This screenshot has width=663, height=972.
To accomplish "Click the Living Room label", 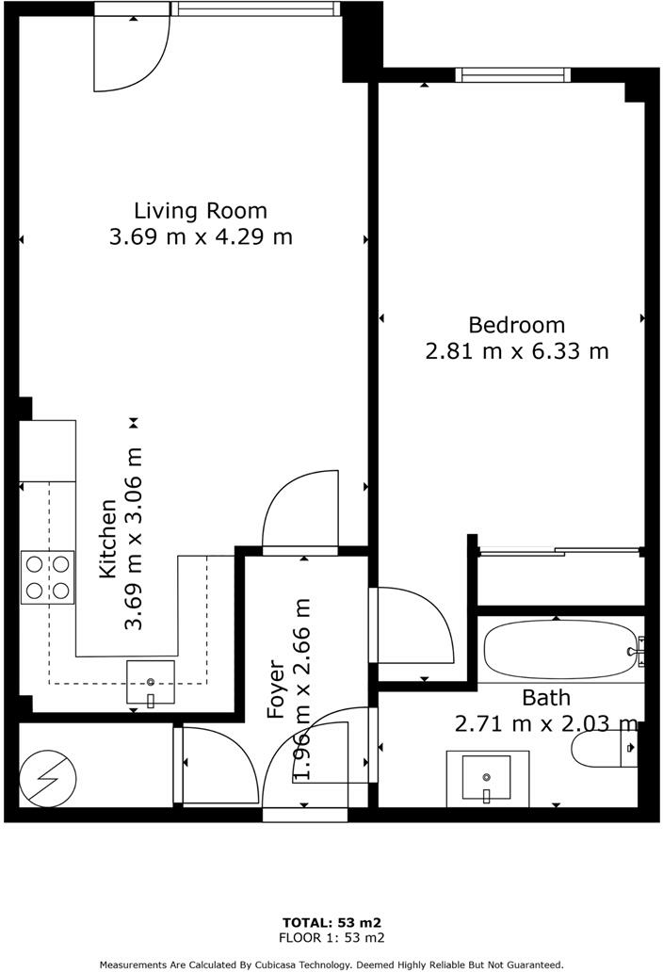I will (200, 210).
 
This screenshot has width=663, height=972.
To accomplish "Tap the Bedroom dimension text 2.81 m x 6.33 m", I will (517, 351).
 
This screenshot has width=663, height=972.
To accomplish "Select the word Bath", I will (545, 698).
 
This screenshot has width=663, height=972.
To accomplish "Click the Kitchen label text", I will (108, 539).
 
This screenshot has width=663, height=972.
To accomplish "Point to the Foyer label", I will (276, 689).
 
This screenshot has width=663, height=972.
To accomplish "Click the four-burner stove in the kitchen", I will (47, 577).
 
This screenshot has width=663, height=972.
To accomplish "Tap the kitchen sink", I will (151, 682).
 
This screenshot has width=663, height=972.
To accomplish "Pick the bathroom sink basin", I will (487, 779).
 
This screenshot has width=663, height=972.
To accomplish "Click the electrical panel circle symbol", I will (47, 777).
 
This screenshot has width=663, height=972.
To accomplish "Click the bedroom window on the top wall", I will (513, 75).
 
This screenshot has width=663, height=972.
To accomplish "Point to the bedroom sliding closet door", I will (559, 549).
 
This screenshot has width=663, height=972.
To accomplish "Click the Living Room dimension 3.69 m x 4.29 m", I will (201, 236).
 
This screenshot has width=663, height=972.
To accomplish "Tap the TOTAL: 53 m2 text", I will (331, 922).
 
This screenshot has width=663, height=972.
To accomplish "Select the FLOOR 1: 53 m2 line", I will (331, 938).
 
